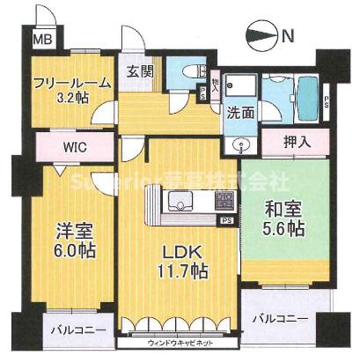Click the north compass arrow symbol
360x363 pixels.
tap(263, 36)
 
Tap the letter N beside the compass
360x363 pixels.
tap(288, 36)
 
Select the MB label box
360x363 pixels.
tap(41, 40)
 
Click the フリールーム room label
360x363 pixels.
tap(72, 83)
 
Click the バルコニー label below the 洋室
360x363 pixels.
tap(77, 331)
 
